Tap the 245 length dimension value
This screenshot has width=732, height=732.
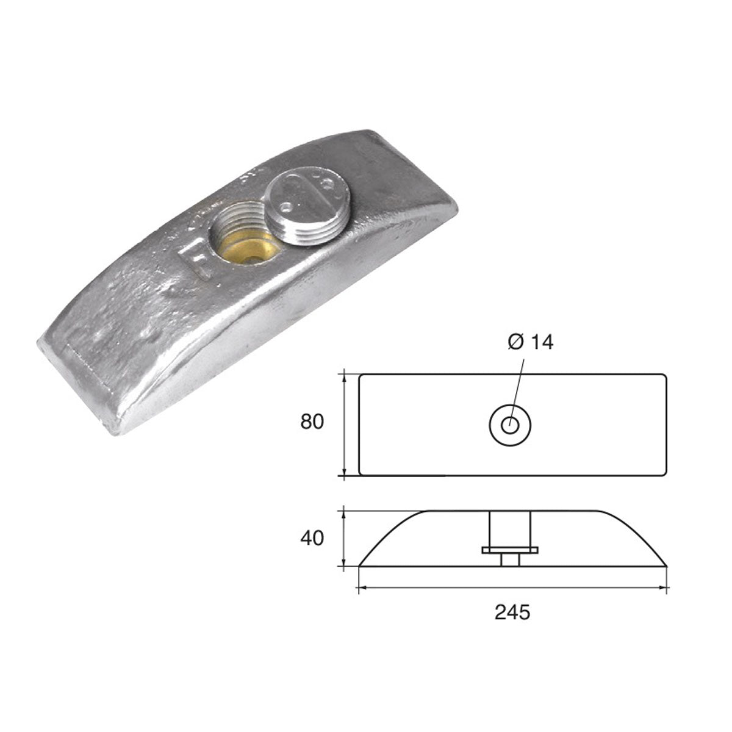coord(512,612)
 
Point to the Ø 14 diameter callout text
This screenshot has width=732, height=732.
coord(529,342)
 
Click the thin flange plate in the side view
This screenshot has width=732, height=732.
coord(510,550)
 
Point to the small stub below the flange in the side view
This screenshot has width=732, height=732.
coord(510,560)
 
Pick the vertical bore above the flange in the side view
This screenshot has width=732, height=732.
coord(510,528)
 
